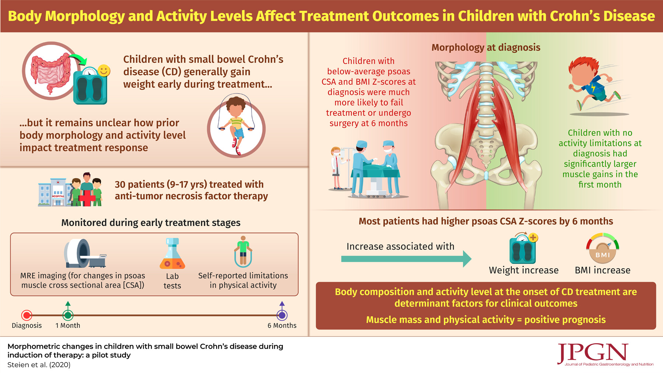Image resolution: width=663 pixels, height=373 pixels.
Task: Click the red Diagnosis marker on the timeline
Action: [27, 315]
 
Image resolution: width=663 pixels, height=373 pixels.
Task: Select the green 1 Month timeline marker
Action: [68, 315]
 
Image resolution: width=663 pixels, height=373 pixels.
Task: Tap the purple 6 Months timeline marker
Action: [282, 315]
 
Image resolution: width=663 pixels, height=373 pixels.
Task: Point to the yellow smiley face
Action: [104, 70]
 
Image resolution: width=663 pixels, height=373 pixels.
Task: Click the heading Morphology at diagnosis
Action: [486, 47]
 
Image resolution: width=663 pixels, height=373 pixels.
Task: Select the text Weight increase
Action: [523, 270]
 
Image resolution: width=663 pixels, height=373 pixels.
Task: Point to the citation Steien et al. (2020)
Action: [39, 365]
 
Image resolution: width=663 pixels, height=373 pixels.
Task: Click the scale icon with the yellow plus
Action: [523, 248]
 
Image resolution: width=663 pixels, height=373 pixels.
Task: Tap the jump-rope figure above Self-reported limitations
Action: [243, 251]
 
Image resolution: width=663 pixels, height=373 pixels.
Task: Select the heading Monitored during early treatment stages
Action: [151, 223]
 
